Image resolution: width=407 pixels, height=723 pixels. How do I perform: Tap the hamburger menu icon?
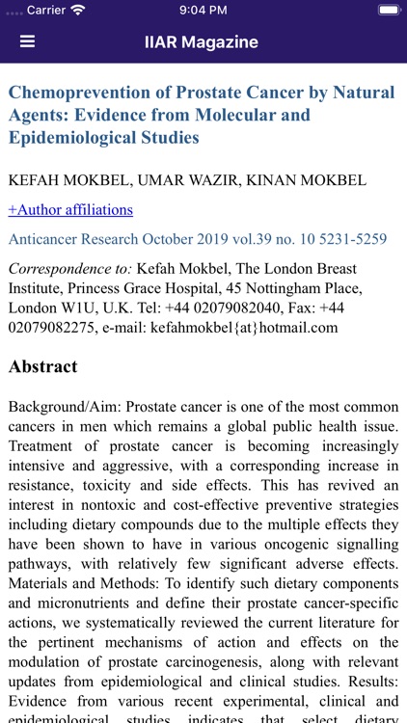(27, 42)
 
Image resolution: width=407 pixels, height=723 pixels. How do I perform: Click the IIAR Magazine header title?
(202, 42)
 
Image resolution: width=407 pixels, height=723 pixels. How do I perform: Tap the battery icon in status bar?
(389, 10)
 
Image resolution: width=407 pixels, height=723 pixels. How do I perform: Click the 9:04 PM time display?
(203, 10)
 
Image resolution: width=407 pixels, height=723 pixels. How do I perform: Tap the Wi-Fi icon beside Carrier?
(77, 10)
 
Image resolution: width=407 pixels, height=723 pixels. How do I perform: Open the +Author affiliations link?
(70, 209)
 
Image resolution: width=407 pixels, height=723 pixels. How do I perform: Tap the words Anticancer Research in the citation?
(73, 239)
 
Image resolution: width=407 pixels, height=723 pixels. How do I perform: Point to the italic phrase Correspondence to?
(69, 268)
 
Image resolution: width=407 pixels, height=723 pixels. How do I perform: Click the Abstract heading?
(43, 366)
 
